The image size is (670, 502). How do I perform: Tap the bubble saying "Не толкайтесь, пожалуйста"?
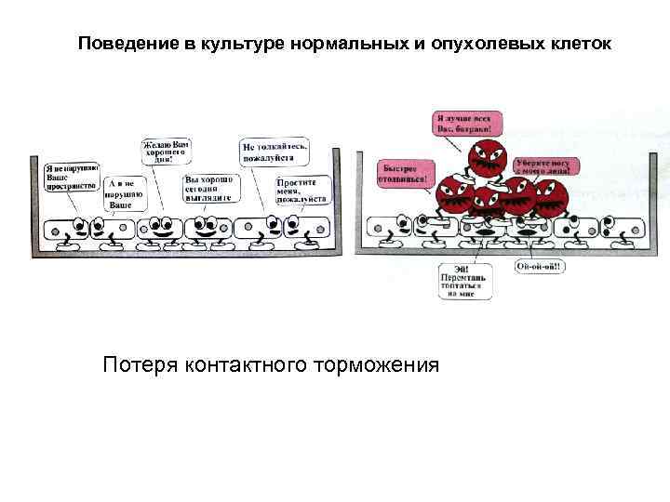point(275,152)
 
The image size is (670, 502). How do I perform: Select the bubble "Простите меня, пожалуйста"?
point(302,190)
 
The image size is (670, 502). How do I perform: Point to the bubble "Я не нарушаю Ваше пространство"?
point(71,176)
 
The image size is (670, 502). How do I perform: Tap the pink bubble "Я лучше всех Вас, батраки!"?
point(467,123)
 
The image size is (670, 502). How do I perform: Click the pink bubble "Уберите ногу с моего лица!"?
point(546,167)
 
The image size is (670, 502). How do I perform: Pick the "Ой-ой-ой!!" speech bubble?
point(541,266)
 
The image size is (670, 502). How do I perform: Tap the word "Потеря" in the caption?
point(141,363)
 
